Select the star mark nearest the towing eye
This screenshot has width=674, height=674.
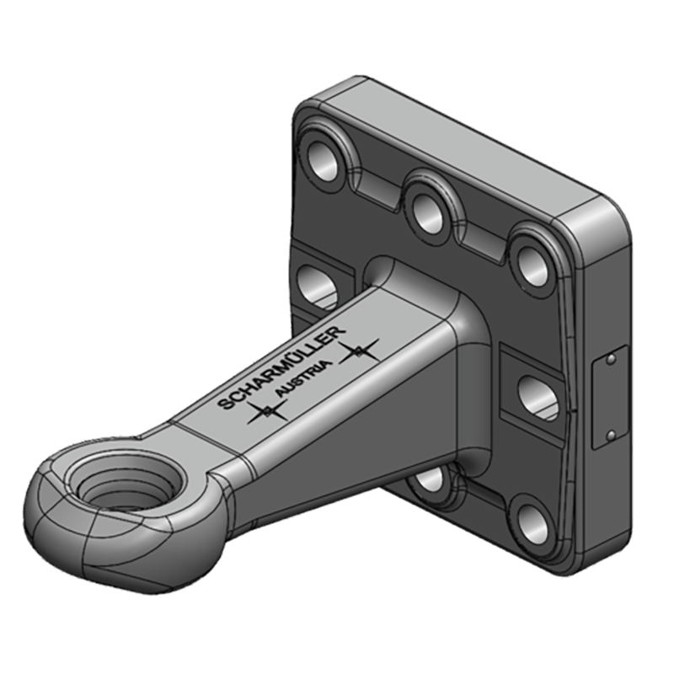(x=266, y=410)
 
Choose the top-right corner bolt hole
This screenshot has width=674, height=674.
(x=532, y=264)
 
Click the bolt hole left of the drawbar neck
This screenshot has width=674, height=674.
(x=318, y=285)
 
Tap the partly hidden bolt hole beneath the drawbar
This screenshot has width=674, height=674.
(x=430, y=479)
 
